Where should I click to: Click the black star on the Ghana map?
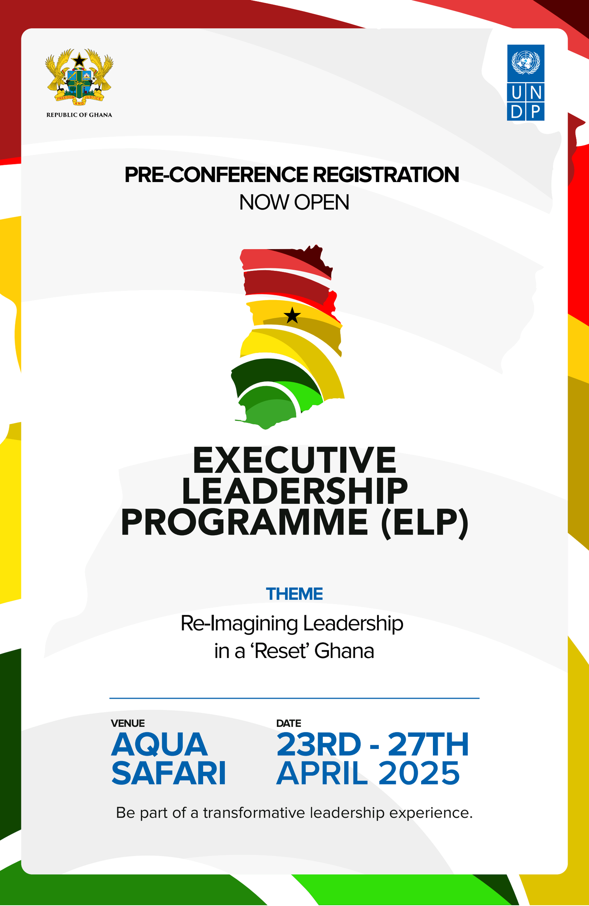pyautogui.click(x=292, y=315)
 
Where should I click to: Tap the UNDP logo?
pyautogui.click(x=526, y=83)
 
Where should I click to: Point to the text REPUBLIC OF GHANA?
pyautogui.click(x=79, y=115)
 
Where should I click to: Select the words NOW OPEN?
pyautogui.click(x=294, y=202)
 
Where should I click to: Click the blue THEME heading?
pyautogui.click(x=294, y=594)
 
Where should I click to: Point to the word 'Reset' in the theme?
pyautogui.click(x=279, y=651)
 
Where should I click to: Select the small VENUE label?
pyautogui.click(x=128, y=723)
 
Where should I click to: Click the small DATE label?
pyautogui.click(x=289, y=723)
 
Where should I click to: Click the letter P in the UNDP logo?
pyautogui.click(x=535, y=112)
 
